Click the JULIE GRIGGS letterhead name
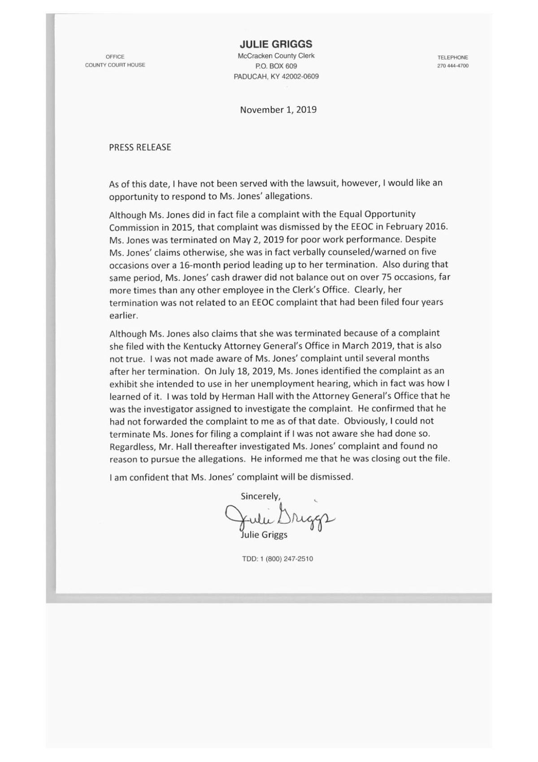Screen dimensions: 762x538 point(276,44)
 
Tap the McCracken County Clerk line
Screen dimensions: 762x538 point(276,56)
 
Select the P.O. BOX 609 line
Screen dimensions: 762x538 point(276,66)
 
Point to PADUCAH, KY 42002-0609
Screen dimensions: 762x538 point(276,77)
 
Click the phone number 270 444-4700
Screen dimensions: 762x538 point(453,66)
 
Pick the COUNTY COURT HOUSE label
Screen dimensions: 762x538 point(115,65)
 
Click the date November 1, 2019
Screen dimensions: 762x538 point(278,109)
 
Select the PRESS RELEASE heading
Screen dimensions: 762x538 point(140,147)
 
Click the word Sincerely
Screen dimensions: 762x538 point(260,496)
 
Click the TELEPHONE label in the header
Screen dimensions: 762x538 point(453,57)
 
